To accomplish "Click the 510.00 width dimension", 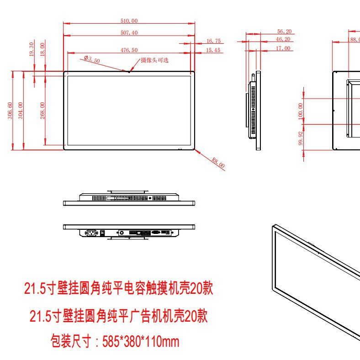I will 129,21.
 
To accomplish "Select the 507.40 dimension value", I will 129,32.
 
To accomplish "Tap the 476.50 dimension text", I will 129,50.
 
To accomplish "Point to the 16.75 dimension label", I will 213,41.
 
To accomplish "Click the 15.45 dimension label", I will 213,50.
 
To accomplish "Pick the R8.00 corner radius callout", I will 218,163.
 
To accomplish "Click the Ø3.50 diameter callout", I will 92,59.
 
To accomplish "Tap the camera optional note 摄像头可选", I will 154,60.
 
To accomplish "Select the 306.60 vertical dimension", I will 10,110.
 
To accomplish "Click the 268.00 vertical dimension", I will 42,110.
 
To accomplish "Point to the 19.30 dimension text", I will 32,48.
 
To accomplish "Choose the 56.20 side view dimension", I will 284,32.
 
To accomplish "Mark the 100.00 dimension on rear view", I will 300,110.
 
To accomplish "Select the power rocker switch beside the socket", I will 103,233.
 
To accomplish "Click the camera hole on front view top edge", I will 129,71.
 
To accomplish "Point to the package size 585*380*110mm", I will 114,341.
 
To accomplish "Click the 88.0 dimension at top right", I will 355,39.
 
